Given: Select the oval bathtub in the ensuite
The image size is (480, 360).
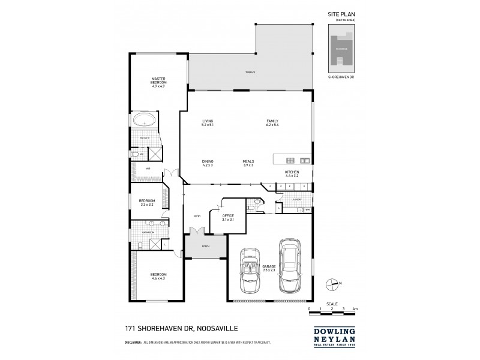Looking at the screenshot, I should click(145, 119).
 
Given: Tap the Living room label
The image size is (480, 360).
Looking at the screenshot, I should click(208, 123).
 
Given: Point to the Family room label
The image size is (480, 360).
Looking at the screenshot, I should click(273, 123).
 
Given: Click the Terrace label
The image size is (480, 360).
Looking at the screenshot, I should click(250, 72).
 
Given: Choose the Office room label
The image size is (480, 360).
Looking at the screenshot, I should click(227, 217).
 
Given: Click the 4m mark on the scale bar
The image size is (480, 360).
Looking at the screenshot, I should click(355, 309).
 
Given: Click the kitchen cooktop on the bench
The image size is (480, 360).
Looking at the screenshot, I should click(290, 160).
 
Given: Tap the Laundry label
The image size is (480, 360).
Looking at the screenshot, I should click(296, 199).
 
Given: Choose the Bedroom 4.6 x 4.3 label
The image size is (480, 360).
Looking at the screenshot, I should click(158, 276).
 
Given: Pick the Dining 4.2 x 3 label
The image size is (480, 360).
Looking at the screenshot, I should click(208, 163).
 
